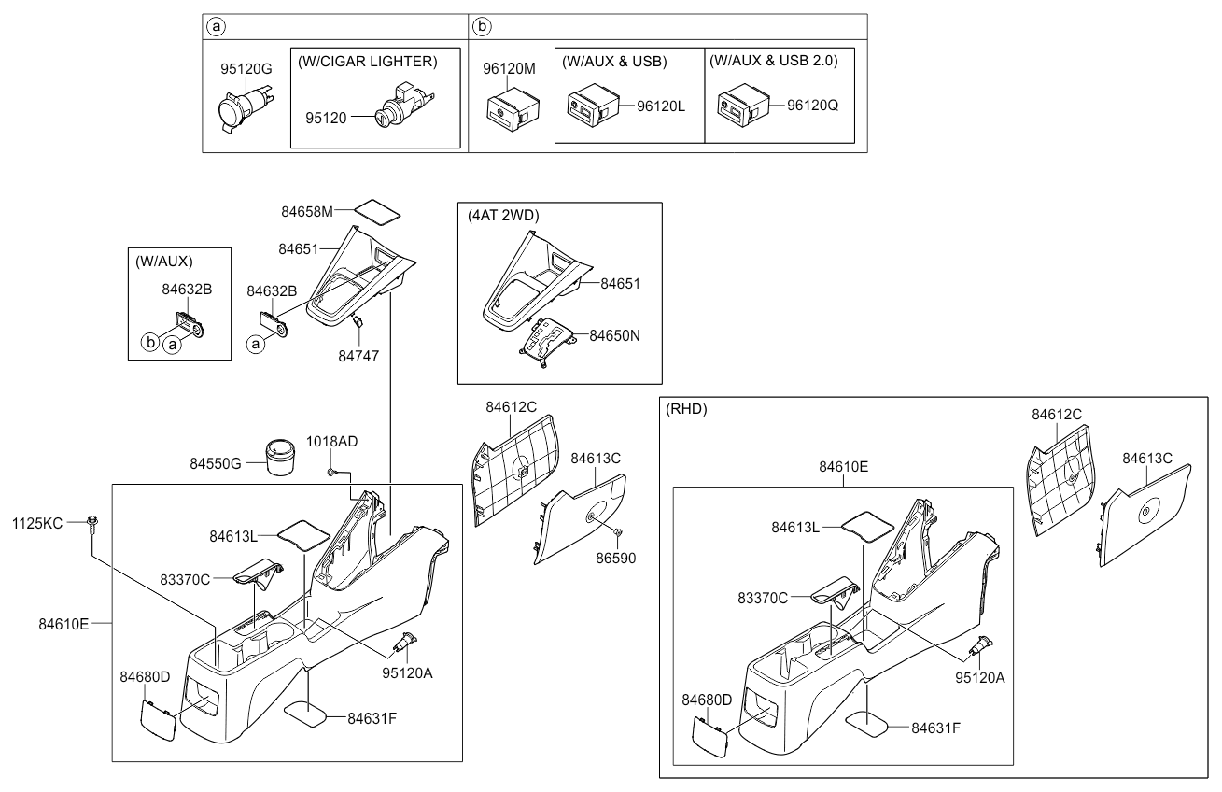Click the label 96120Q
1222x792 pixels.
[x=812, y=106]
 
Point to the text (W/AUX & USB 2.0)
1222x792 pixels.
[x=773, y=61]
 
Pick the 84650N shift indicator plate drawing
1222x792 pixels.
[x=547, y=339]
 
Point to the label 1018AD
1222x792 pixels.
[x=332, y=440]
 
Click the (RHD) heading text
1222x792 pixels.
[x=686, y=409]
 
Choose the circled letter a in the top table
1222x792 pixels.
[x=216, y=26]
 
